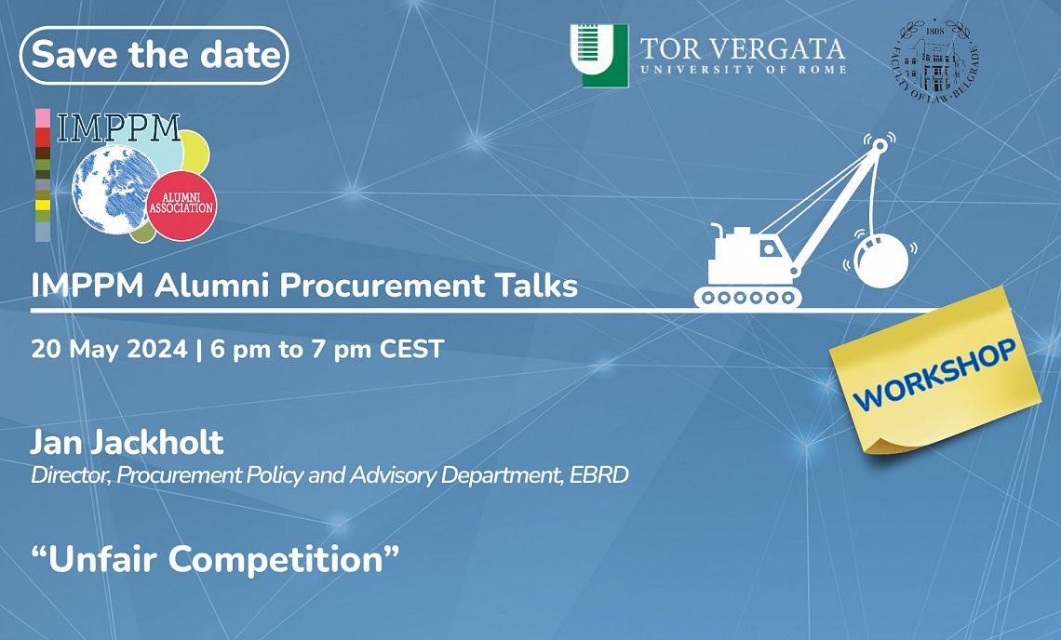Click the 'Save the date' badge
154,55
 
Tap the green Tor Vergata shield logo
598,56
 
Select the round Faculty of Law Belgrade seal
935,60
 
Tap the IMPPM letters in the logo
118,127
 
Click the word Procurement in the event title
383,286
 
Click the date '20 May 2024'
109,349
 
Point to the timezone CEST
411,349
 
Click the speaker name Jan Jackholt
128,443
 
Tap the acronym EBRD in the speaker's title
598,475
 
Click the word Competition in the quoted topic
275,559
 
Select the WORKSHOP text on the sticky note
934,373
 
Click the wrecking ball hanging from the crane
881,260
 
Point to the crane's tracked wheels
747,297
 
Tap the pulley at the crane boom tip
879,145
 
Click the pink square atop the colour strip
43,118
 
